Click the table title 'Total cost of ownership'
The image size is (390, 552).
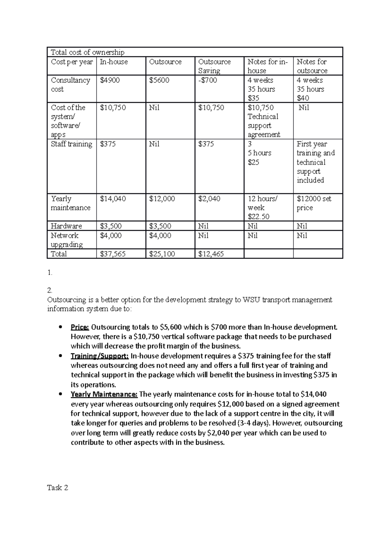[87, 52]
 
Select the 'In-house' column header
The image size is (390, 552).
[113, 62]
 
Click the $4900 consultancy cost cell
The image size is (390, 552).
[110, 80]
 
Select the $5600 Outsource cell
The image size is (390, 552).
[159, 80]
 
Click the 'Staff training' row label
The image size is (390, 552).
[71, 144]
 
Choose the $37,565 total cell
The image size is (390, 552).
[112, 254]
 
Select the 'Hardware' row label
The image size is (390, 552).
[66, 226]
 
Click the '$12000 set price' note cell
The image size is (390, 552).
[314, 203]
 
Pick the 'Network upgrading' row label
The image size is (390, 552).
[67, 240]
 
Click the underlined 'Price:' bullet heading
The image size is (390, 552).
[80, 327]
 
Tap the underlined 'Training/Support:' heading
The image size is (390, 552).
[99, 356]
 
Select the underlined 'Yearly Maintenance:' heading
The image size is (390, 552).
[104, 394]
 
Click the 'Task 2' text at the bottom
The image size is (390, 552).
[58, 488]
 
